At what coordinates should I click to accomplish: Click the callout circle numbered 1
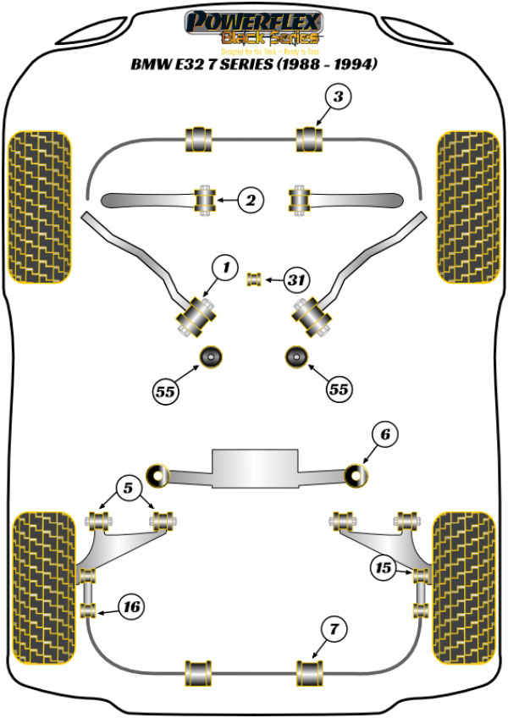[x=224, y=269]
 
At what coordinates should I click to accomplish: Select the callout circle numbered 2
[x=251, y=201]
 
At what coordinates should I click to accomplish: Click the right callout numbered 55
[x=338, y=389]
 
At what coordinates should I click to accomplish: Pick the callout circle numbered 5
[x=128, y=488]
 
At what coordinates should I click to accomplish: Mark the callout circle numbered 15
[x=382, y=569]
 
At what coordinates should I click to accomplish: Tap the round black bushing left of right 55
[x=296, y=358]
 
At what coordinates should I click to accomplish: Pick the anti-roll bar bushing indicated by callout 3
[x=310, y=140]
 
